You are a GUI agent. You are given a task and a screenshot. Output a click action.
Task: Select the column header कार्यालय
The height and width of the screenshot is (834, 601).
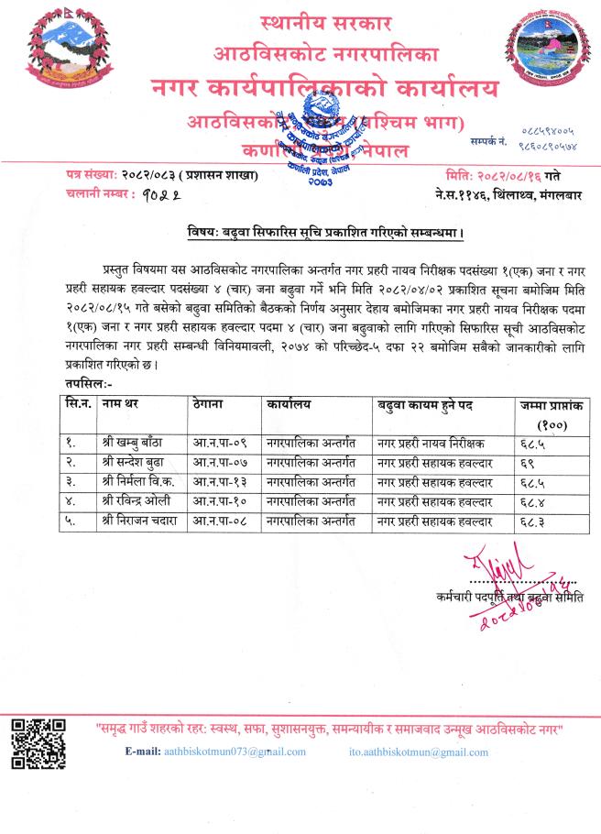pos(290,403)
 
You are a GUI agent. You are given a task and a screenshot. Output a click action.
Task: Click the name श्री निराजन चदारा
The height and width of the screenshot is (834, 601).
pos(142,521)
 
